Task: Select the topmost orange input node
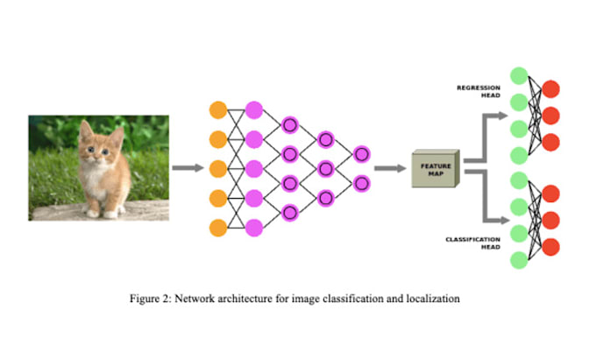point(218,109)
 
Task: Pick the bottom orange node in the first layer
point(218,228)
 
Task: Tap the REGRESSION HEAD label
point(478,91)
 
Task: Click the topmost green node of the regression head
point(518,75)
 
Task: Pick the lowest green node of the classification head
point(518,260)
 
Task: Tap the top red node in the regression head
point(551,88)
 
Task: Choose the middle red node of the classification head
point(551,219)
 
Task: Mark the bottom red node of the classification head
point(551,246)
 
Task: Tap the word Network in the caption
point(199,299)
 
